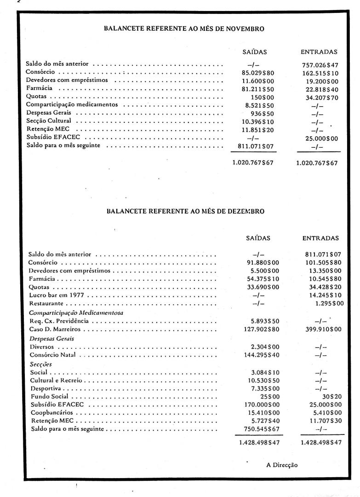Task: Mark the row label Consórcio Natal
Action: click(x=50, y=355)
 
